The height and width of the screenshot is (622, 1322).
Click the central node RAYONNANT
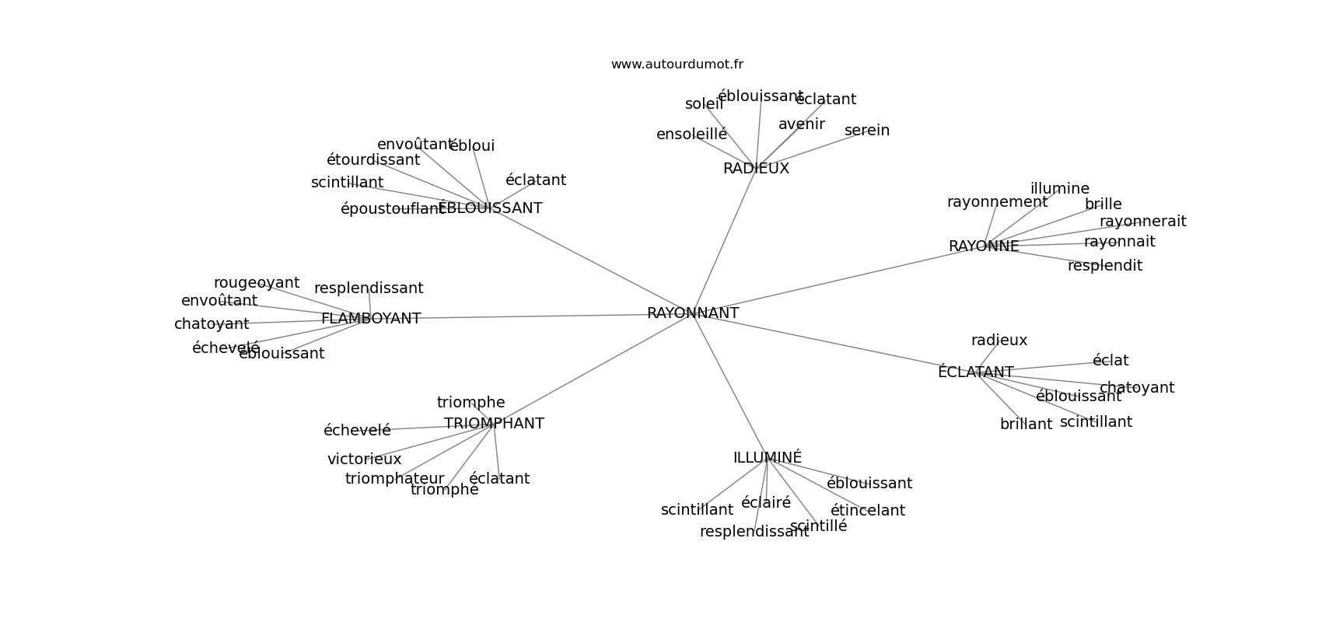(693, 313)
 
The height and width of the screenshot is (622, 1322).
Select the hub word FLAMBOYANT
(371, 319)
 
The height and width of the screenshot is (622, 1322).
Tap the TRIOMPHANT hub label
(494, 424)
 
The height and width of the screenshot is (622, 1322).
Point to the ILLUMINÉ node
(768, 458)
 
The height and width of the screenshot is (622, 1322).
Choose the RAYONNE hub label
(984, 246)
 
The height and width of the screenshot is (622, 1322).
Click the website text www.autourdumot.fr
(677, 65)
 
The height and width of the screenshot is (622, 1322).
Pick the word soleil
(704, 104)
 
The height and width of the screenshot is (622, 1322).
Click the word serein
(867, 131)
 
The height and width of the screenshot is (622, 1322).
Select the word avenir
(802, 124)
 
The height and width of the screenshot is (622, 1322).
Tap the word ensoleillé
(691, 135)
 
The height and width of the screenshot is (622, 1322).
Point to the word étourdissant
(373, 160)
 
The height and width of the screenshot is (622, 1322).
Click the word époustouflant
(392, 209)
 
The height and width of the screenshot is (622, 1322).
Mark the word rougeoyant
(257, 283)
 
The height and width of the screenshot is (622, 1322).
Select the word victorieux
(364, 460)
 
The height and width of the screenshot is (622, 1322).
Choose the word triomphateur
(394, 479)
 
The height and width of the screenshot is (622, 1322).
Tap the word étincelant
(868, 511)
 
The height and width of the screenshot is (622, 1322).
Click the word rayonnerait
(1143, 222)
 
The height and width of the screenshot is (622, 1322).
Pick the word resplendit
(1105, 266)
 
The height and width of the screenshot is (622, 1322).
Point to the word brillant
(1026, 425)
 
